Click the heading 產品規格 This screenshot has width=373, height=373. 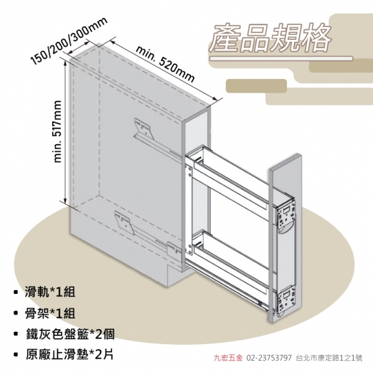(270, 37)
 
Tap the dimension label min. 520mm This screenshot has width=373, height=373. (165, 64)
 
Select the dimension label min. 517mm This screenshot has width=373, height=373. (58, 132)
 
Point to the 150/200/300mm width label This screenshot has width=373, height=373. (69, 41)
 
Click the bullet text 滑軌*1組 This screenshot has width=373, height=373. (50, 291)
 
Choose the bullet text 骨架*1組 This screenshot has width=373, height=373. (50, 313)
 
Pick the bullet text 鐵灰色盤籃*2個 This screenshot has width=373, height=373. (70, 334)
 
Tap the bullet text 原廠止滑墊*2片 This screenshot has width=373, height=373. (69, 355)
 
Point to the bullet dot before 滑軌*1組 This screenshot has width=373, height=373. (16, 292)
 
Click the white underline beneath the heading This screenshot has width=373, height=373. (281, 59)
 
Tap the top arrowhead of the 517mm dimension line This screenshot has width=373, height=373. (65, 62)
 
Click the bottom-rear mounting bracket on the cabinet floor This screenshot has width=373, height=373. (123, 222)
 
